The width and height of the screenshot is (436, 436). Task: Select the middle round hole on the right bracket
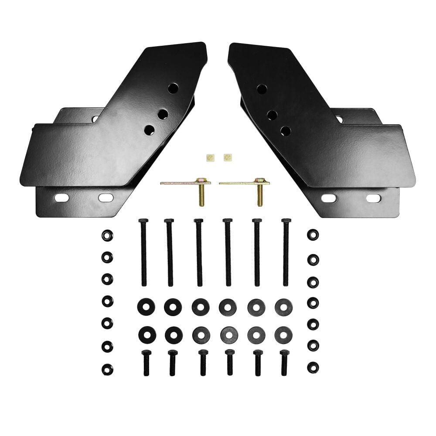pos(272,115)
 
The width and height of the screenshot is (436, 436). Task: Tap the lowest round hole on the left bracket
pos(149,129)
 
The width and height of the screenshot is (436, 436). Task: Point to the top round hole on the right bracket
pos(262,89)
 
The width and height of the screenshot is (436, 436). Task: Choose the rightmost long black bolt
pos(286,253)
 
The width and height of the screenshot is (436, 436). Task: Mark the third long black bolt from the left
pos(199,253)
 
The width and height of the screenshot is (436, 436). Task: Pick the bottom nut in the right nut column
pos(313,367)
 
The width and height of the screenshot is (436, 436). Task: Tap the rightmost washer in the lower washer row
pos(284,335)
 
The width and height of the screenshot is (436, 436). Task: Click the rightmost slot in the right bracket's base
pos(373,198)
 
